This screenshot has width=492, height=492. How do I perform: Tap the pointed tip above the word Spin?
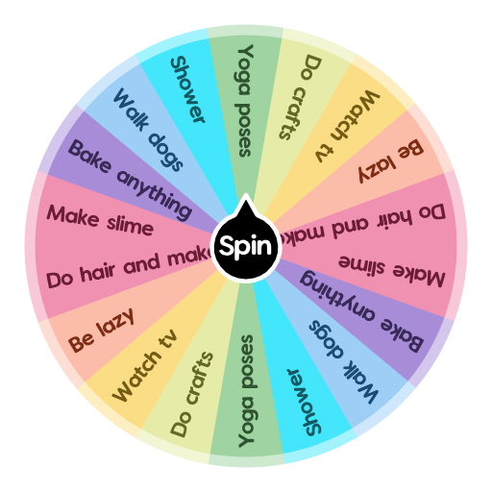[x=246, y=199]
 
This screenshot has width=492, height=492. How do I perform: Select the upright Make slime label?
[x=100, y=220]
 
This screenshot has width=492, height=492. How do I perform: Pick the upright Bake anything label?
[x=129, y=178]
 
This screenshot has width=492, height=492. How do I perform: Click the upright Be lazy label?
[x=101, y=329]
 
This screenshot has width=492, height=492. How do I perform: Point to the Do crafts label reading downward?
[x=300, y=96]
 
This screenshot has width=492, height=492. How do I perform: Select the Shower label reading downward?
[x=188, y=90]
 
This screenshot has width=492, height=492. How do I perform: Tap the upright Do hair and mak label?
[x=129, y=268]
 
